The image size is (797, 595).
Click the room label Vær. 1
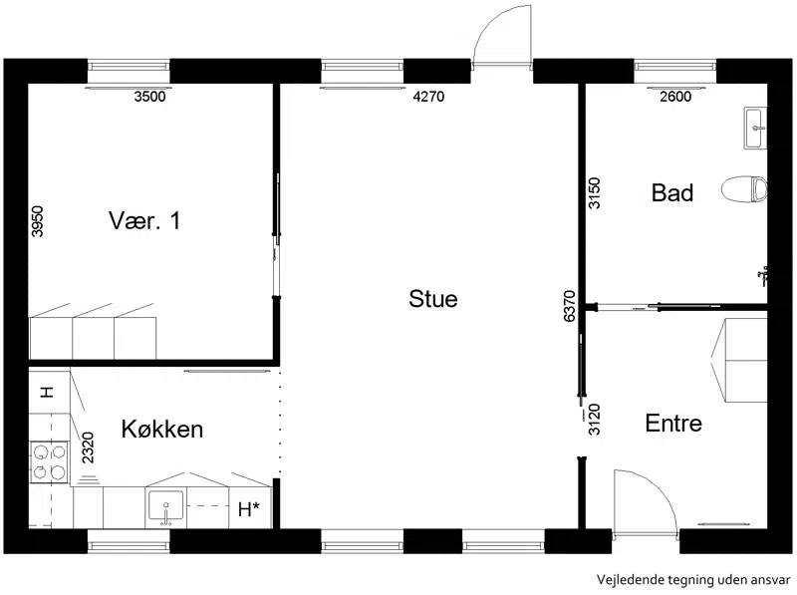pos(144,220)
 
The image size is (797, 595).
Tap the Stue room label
pos(433,299)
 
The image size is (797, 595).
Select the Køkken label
pos(162,430)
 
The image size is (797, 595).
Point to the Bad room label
pos(672,193)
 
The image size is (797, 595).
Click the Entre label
pos(673,424)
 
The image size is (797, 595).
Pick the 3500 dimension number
pos(150,96)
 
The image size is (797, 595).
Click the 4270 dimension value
pos(428,96)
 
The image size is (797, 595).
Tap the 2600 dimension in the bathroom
pos(675,96)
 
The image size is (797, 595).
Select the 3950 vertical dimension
pos(37,221)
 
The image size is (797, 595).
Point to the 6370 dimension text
pos(569,306)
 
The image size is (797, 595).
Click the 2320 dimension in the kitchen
pos(88,447)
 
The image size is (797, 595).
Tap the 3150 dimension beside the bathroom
pos(594,193)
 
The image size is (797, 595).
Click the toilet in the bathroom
pos(744,189)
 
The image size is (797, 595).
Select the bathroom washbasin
pos(755,128)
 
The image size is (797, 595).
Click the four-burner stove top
pos(49,461)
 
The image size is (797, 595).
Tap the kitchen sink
pos(165,507)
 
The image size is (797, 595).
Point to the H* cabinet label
pos(248,508)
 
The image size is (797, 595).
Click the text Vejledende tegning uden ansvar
pos(693,580)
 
